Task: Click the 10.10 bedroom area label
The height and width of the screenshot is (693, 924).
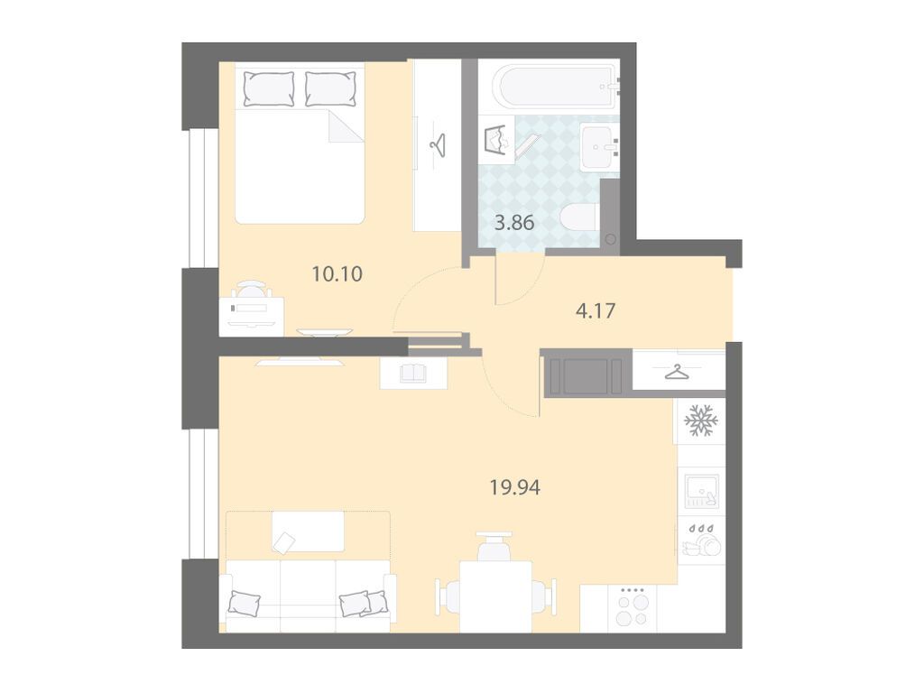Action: pos(337,274)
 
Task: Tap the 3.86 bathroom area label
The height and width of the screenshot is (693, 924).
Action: pos(514,224)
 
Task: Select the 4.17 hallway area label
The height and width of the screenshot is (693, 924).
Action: pos(596,310)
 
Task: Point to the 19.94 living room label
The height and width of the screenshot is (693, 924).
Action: pos(515,488)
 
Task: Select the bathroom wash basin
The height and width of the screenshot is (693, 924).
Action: pos(599,146)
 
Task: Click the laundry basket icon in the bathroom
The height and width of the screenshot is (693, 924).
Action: pos(498,140)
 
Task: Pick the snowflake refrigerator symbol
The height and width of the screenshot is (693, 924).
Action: pos(700,420)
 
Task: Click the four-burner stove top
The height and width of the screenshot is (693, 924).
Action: pos(633,607)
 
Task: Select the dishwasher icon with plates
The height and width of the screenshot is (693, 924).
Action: pos(701,540)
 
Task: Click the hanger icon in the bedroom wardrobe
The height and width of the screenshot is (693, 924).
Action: pos(438,143)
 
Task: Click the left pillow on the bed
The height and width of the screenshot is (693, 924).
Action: pos(269,89)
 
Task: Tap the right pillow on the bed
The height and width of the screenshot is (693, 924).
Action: pos(330,89)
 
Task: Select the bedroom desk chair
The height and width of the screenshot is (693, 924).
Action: pos(252,289)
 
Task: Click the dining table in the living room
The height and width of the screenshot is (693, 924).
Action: pos(496,596)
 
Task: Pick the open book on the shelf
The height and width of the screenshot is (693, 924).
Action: pos(413,373)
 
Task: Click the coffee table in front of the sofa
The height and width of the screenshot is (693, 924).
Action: pos(309,531)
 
